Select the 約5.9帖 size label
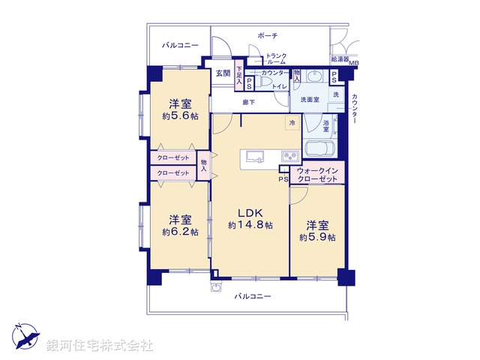[317, 237]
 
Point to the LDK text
[250, 212]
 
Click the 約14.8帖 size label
[250, 225]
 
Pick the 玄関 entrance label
[223, 73]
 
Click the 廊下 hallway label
[248, 103]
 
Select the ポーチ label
[267, 35]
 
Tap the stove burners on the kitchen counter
[289, 157]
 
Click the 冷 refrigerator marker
[290, 122]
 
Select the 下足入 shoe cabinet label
[240, 73]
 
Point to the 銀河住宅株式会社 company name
[100, 346]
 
